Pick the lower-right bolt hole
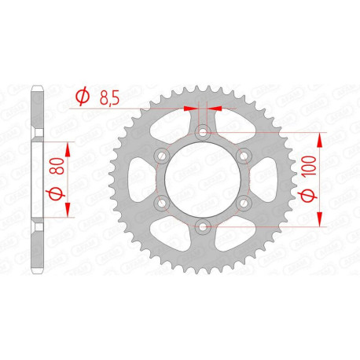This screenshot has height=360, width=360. tap(244, 203)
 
